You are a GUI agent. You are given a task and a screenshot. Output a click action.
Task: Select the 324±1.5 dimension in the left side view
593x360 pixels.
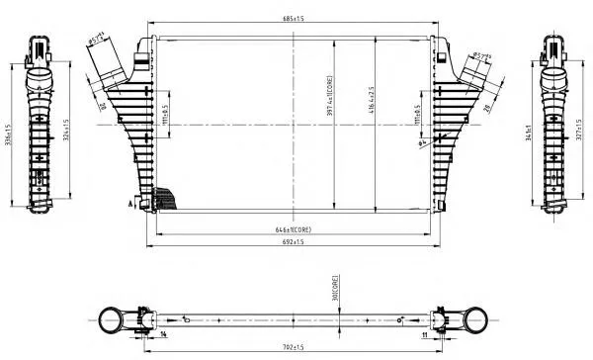coord(66,135)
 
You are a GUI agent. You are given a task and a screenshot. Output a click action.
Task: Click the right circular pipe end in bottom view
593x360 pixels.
coord(477,319)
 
